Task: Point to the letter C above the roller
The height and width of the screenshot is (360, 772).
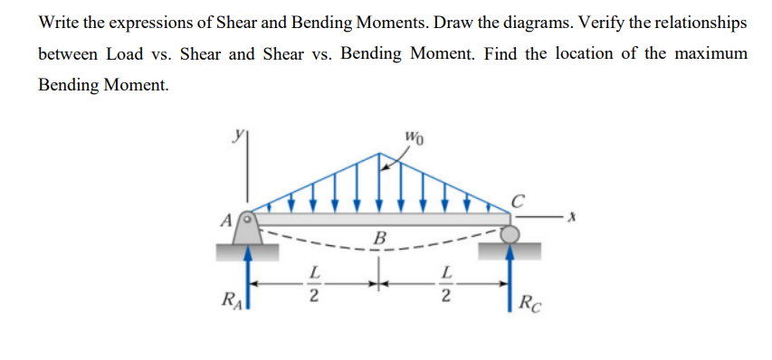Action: [519, 200]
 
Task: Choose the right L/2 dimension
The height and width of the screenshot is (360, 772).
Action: [443, 282]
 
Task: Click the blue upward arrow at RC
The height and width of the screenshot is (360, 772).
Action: [511, 276]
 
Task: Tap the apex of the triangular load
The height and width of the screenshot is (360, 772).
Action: [377, 153]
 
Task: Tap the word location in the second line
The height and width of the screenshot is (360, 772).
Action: [579, 53]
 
